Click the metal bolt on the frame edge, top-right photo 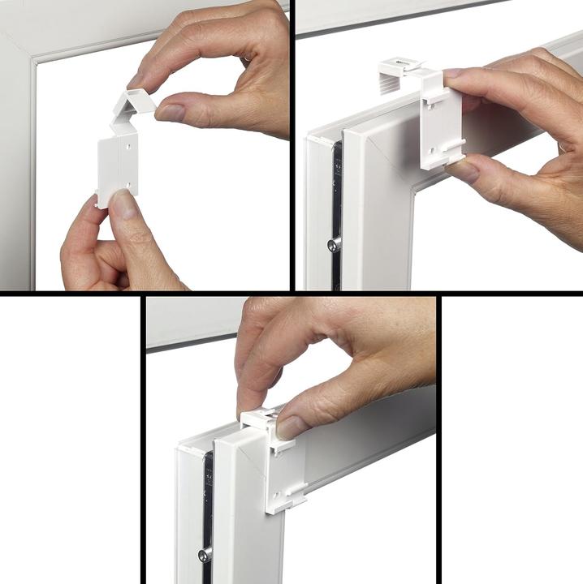(332, 243)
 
